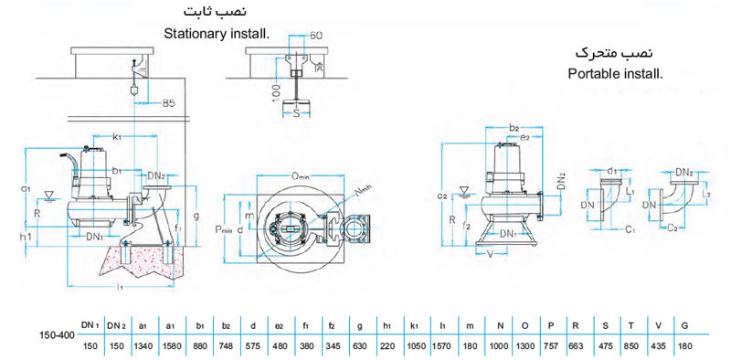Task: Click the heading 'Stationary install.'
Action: click(217, 34)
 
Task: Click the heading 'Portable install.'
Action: click(614, 71)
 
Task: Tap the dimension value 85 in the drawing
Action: click(168, 104)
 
